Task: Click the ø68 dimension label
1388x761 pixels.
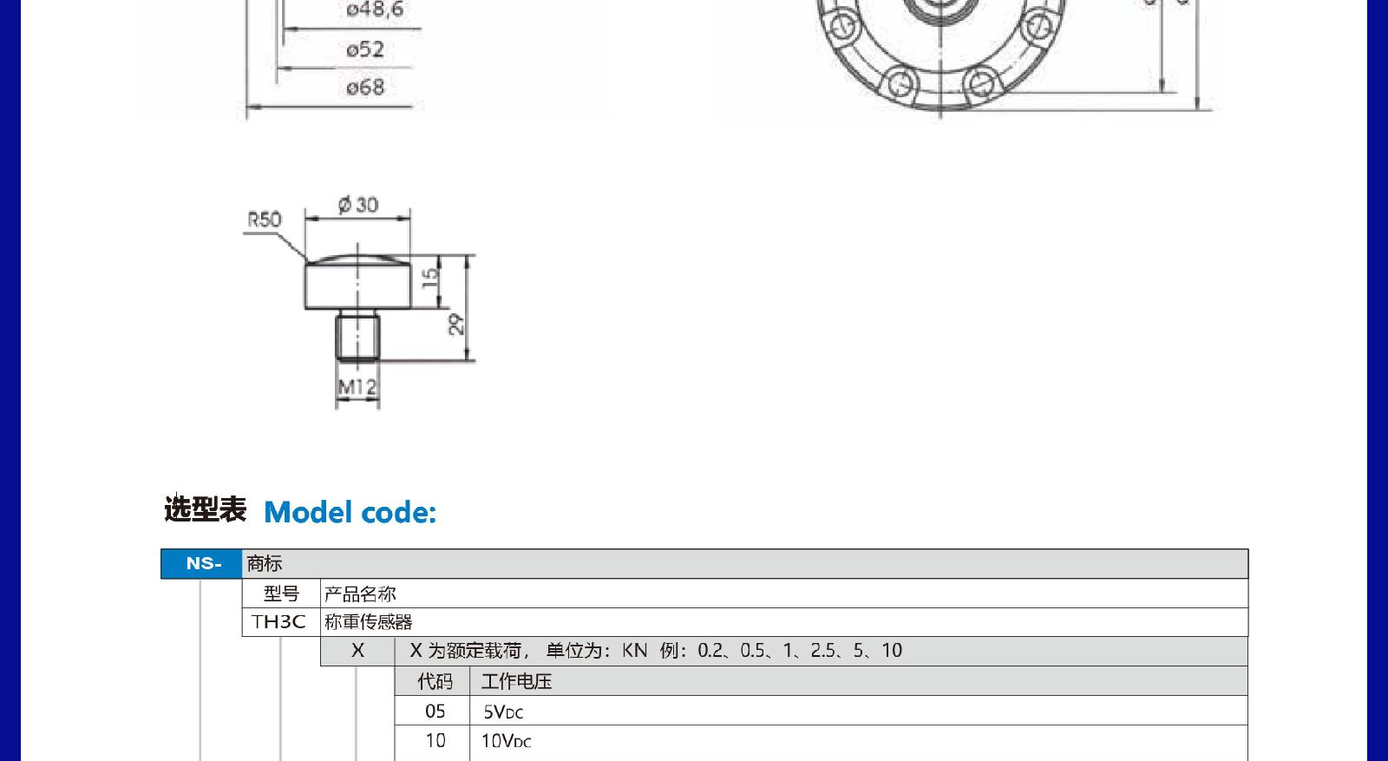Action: click(x=365, y=88)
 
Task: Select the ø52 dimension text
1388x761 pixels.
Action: click(x=365, y=49)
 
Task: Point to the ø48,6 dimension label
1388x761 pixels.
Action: click(x=375, y=10)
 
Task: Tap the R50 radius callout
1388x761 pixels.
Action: click(x=265, y=220)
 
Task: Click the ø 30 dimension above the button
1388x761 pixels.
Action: click(x=358, y=205)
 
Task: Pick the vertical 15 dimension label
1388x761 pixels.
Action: click(x=430, y=277)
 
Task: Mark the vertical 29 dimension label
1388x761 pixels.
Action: click(x=456, y=325)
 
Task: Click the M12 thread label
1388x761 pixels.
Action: click(x=357, y=387)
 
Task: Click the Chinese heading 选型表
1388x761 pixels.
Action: click(x=205, y=509)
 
